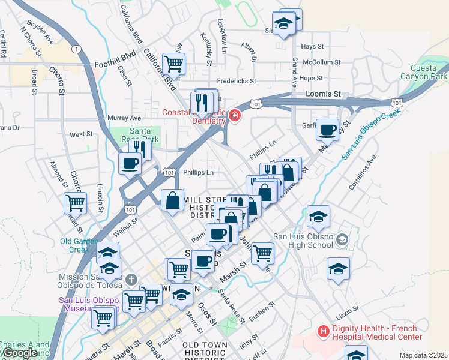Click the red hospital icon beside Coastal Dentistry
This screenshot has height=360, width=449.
(234, 115)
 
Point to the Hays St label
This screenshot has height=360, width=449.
(312, 46)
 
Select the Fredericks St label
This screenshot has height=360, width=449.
(237, 80)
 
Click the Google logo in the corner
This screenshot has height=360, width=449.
(20, 353)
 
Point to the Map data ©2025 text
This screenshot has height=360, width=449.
(423, 355)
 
